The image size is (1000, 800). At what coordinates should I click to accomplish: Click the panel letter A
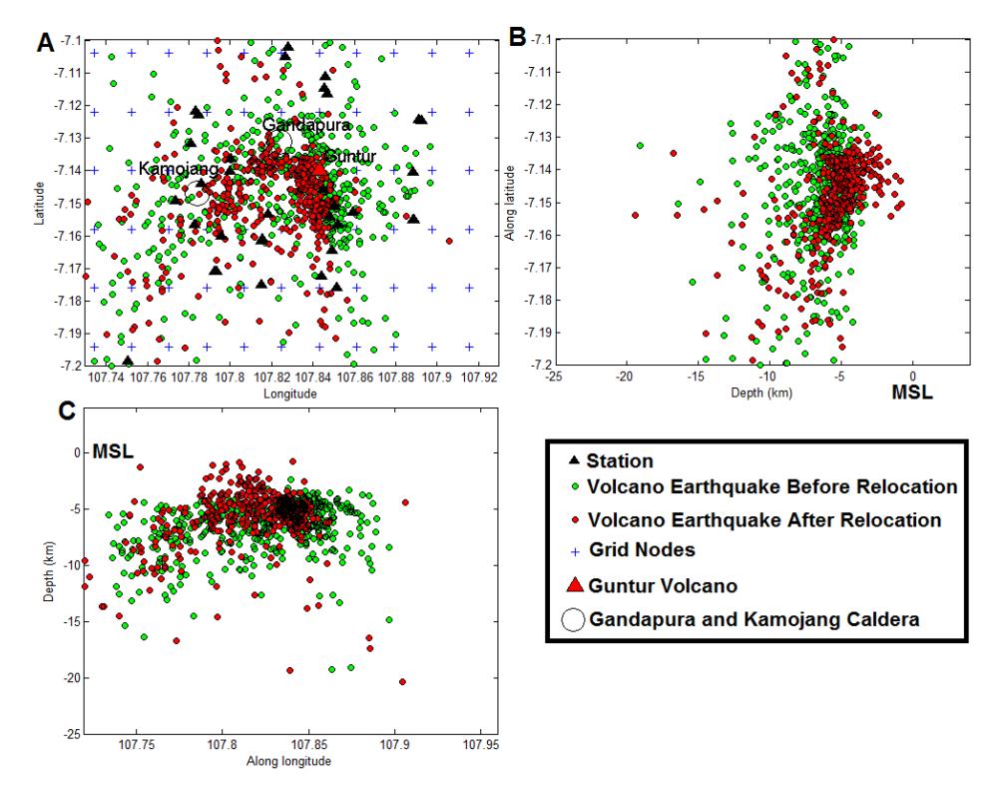[x=46, y=43]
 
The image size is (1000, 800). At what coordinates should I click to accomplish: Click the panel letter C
[x=67, y=411]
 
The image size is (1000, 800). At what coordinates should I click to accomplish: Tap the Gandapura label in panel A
[x=306, y=125]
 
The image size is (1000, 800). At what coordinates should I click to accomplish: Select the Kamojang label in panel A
[x=179, y=169]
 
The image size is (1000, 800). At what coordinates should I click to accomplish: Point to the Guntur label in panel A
[x=350, y=156]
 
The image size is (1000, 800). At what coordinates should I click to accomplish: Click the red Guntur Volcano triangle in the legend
[x=575, y=584]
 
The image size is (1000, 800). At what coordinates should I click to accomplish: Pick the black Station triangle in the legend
[x=574, y=459]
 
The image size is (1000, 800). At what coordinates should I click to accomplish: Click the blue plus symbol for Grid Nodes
[x=575, y=551]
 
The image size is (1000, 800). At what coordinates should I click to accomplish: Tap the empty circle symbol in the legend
[x=573, y=619]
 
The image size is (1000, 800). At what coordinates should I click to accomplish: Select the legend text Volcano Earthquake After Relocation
[x=764, y=519]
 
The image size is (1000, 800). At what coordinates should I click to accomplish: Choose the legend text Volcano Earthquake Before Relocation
[x=772, y=486]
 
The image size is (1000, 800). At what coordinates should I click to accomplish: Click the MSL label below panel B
[x=912, y=393]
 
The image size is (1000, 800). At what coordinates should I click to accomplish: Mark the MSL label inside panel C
[x=113, y=451]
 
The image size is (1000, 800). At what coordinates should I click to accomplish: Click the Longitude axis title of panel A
[x=290, y=394]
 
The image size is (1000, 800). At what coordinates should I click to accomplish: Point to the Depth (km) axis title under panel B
[x=761, y=393]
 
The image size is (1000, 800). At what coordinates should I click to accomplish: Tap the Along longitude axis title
[x=288, y=761]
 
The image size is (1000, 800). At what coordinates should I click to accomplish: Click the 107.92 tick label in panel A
[x=479, y=377]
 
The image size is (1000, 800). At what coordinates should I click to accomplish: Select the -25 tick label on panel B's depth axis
[x=554, y=377]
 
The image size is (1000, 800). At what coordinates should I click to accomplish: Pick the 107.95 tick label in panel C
[x=481, y=744]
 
